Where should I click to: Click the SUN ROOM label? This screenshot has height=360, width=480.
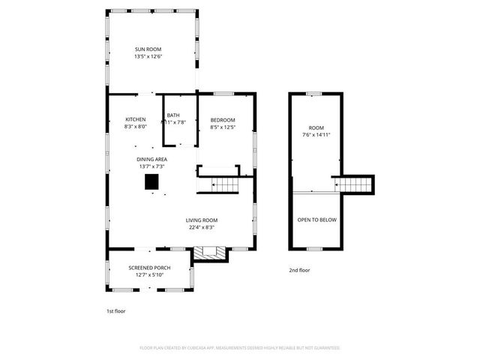tap(148, 49)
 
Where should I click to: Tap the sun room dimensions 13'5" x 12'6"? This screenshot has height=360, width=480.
tap(148, 57)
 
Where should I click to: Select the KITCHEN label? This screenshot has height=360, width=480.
tap(135, 120)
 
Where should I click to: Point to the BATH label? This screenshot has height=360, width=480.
tap(173, 115)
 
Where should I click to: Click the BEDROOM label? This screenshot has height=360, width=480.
tap(223, 120)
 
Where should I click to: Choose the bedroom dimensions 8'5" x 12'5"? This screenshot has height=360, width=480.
tap(223, 127)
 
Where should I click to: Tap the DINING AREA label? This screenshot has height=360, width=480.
tap(151, 160)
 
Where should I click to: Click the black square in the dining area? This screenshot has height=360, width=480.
tap(152, 182)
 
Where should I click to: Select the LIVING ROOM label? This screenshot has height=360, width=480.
tap(201, 220)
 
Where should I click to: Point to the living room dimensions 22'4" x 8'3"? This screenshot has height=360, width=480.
tap(201, 227)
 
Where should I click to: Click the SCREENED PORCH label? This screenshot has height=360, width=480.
tap(149, 268)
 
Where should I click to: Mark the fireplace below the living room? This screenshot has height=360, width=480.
tap(210, 255)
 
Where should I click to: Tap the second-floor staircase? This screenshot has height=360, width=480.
tap(357, 184)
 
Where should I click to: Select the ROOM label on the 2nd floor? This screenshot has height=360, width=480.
tap(316, 128)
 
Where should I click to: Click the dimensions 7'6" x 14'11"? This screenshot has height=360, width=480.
tap(316, 135)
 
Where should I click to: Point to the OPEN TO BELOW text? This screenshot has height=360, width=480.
tap(316, 220)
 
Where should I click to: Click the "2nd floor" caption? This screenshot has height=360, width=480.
tap(299, 270)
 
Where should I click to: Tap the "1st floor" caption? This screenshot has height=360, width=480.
tap(115, 310)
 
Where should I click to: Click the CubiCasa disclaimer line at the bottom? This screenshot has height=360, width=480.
tap(240, 348)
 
